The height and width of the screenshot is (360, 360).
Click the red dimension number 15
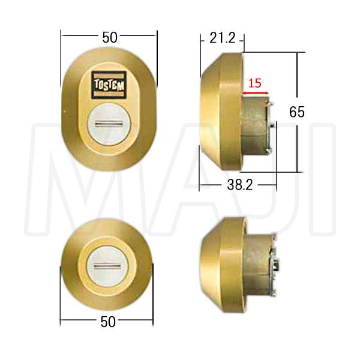pyautogui.click(x=255, y=83)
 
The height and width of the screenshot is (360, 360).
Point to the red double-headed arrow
pyautogui.click(x=256, y=94)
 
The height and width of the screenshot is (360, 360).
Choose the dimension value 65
pyautogui.click(x=297, y=112)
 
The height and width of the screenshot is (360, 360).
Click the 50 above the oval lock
pyautogui.click(x=109, y=37)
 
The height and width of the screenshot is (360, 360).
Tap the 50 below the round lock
pyautogui.click(x=109, y=322)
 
